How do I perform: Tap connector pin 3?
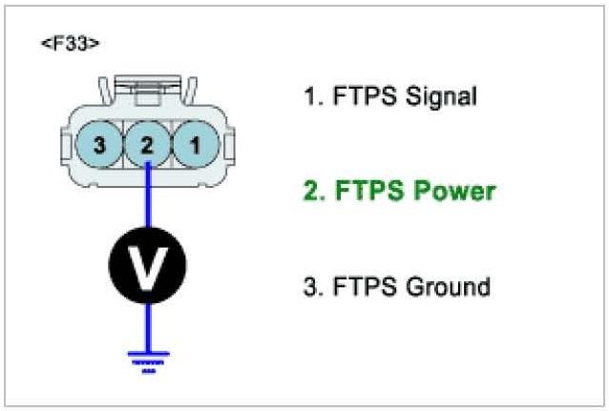(x=99, y=145)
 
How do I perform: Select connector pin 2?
(x=146, y=145)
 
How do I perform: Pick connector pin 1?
(x=194, y=145)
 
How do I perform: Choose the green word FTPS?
(x=362, y=192)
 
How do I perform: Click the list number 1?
(x=307, y=96)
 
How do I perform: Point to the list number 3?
(x=309, y=286)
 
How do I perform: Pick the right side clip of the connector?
(x=227, y=146)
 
